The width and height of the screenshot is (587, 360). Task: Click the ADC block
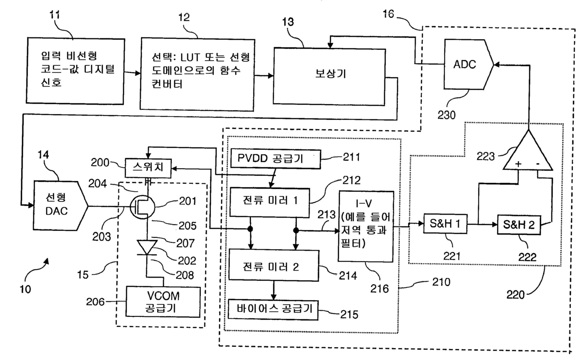coord(468,64)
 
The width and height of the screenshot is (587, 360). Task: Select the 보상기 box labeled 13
coord(329,77)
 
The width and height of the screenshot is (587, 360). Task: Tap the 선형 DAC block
coord(60,206)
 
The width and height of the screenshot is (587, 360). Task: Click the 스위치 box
coord(148,168)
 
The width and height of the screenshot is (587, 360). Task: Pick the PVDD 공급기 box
coord(276,159)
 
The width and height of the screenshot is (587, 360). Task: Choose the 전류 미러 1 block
coord(270,202)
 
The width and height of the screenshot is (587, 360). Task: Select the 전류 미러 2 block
coord(274,265)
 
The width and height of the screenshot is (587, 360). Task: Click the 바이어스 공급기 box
coord(273,310)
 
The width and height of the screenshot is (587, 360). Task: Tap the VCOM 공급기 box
coord(163,302)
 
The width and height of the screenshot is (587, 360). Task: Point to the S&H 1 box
coord(445,224)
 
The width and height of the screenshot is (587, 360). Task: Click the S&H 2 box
coord(519,225)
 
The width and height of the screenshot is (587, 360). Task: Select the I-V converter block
coord(366,226)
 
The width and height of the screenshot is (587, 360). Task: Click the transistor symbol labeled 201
coord(142,207)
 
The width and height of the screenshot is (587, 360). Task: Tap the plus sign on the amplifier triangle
coord(518,164)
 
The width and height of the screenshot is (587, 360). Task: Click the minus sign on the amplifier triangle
coord(538,164)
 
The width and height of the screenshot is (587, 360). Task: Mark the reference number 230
coord(446,115)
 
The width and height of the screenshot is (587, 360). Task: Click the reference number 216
coord(380,288)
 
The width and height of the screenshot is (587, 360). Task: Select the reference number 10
coord(26,289)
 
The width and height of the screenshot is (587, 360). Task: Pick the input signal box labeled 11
coord(75,71)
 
